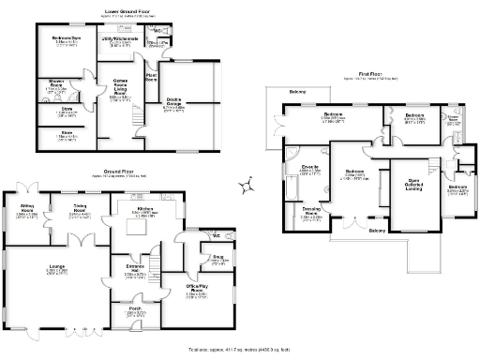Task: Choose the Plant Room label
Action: click(x=151, y=78)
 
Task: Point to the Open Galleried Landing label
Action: click(x=406, y=186)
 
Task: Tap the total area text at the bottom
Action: click(x=240, y=349)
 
